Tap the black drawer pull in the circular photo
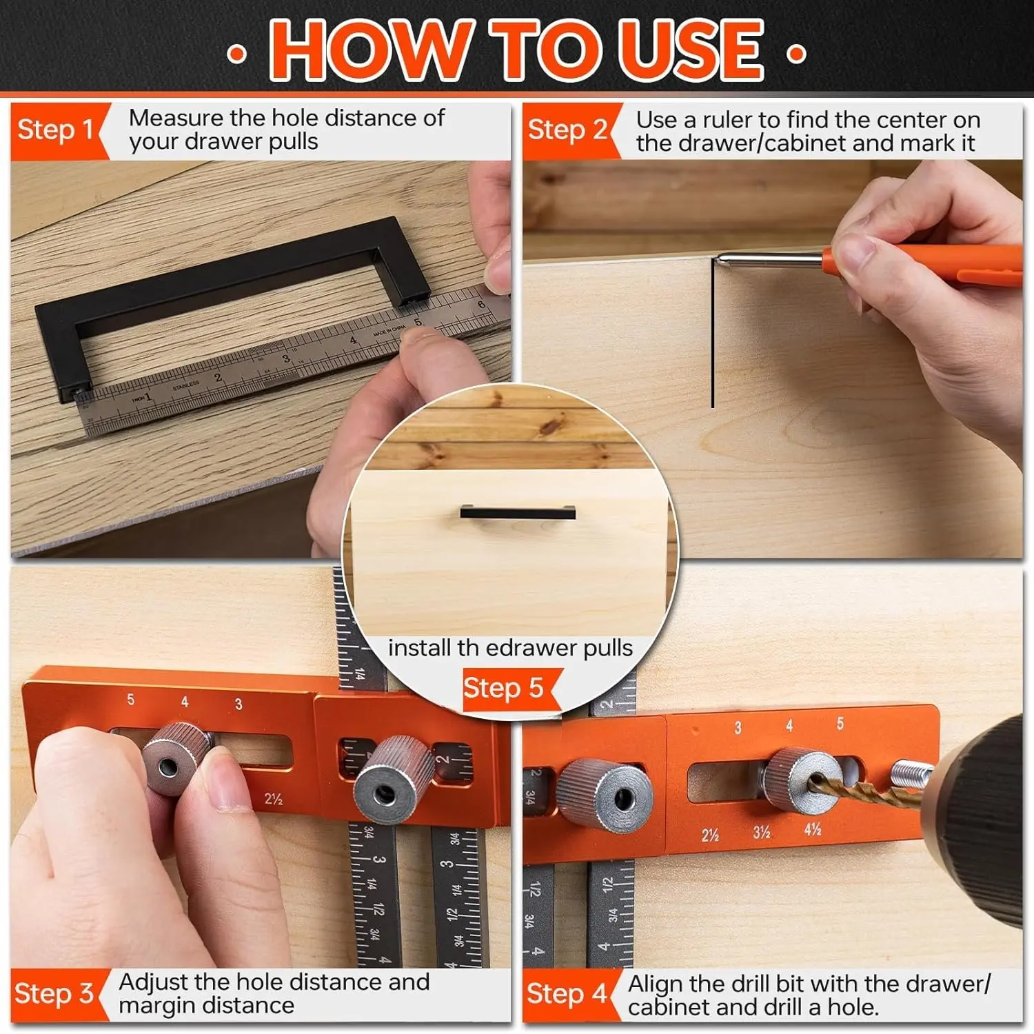518,512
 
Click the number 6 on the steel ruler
481,304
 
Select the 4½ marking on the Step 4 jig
813,829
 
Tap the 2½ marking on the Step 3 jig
274,799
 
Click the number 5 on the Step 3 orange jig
131,700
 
